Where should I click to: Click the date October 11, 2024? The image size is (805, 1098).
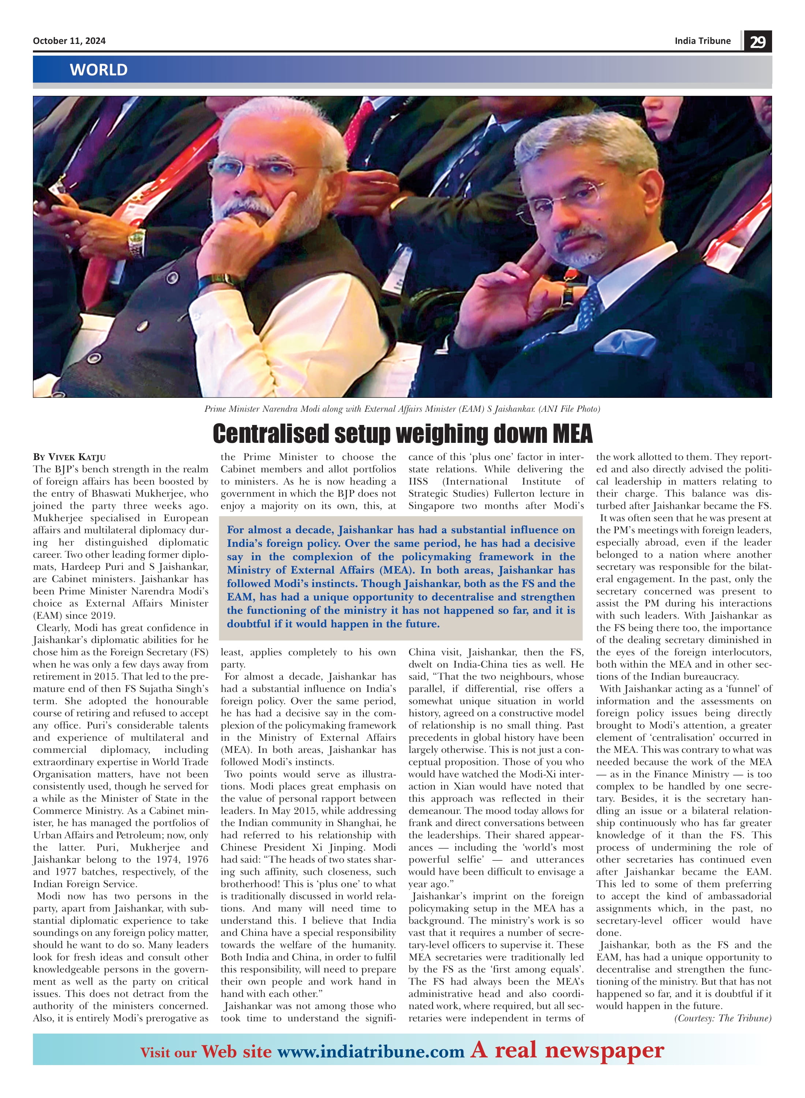[x=69, y=41]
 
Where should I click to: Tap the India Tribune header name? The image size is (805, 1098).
[x=702, y=41]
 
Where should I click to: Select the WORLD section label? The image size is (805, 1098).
[x=98, y=70]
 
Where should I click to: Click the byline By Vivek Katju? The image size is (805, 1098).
[x=69, y=457]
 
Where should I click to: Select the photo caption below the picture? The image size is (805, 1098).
[x=402, y=409]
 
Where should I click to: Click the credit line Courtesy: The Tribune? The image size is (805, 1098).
[x=723, y=1018]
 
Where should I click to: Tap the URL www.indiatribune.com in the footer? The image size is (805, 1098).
[x=370, y=1052]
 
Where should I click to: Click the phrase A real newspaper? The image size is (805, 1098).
[x=567, y=1050]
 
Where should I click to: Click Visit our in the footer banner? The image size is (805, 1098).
[x=168, y=1053]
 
